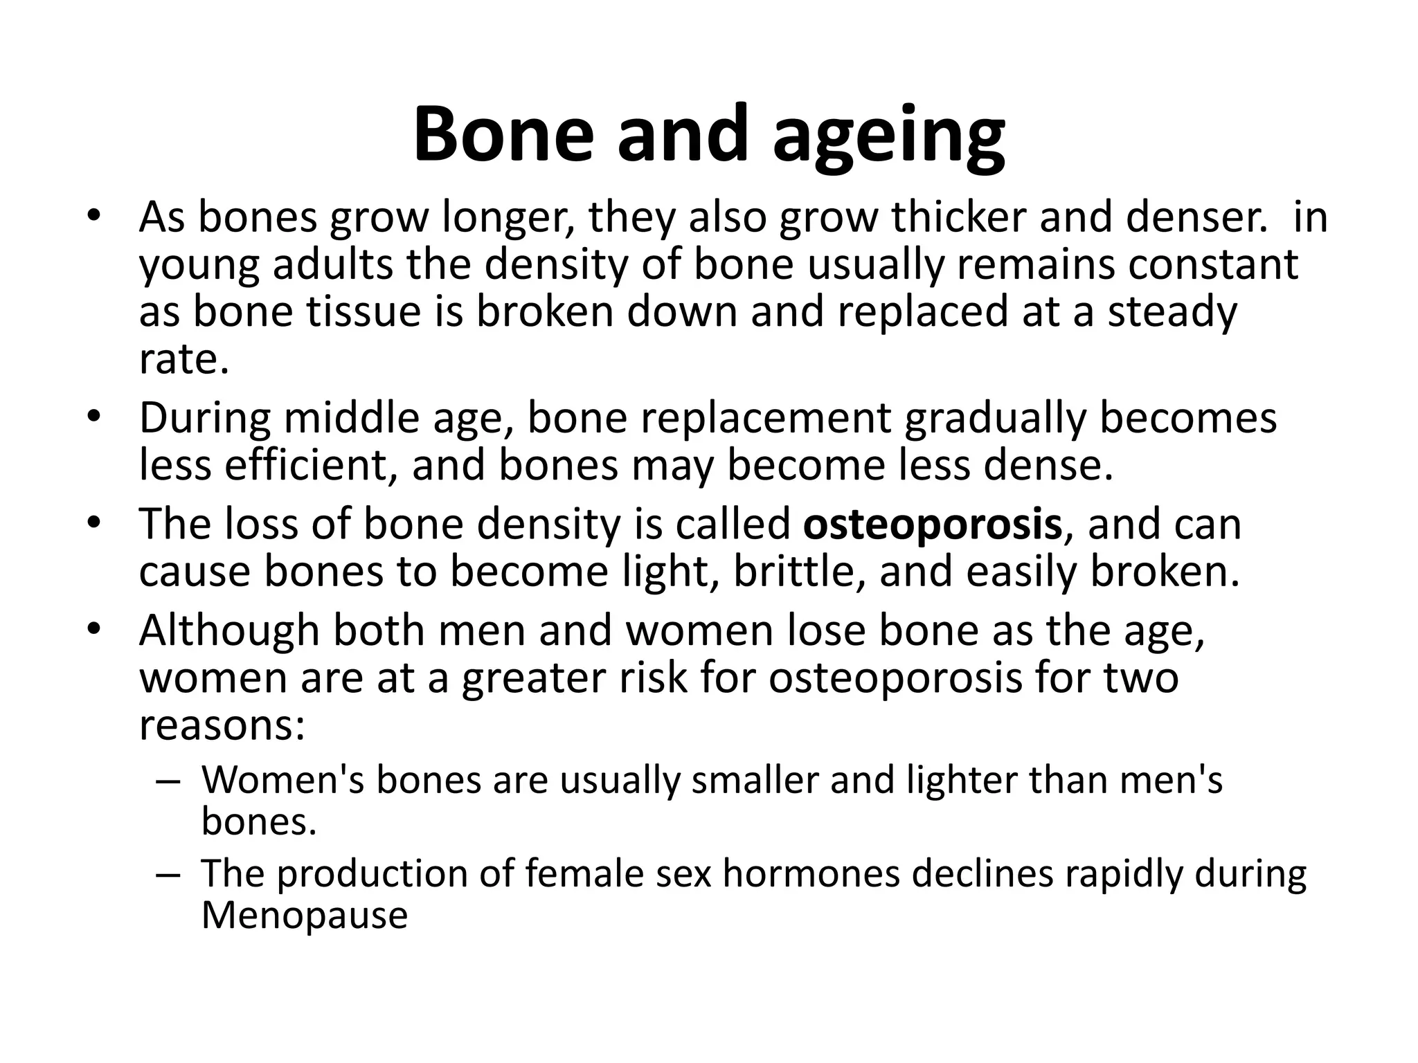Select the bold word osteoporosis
click(932, 525)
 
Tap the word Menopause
click(305, 916)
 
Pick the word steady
click(1172, 313)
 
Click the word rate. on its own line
click(183, 360)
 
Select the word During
click(205, 419)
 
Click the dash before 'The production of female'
click(168, 874)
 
